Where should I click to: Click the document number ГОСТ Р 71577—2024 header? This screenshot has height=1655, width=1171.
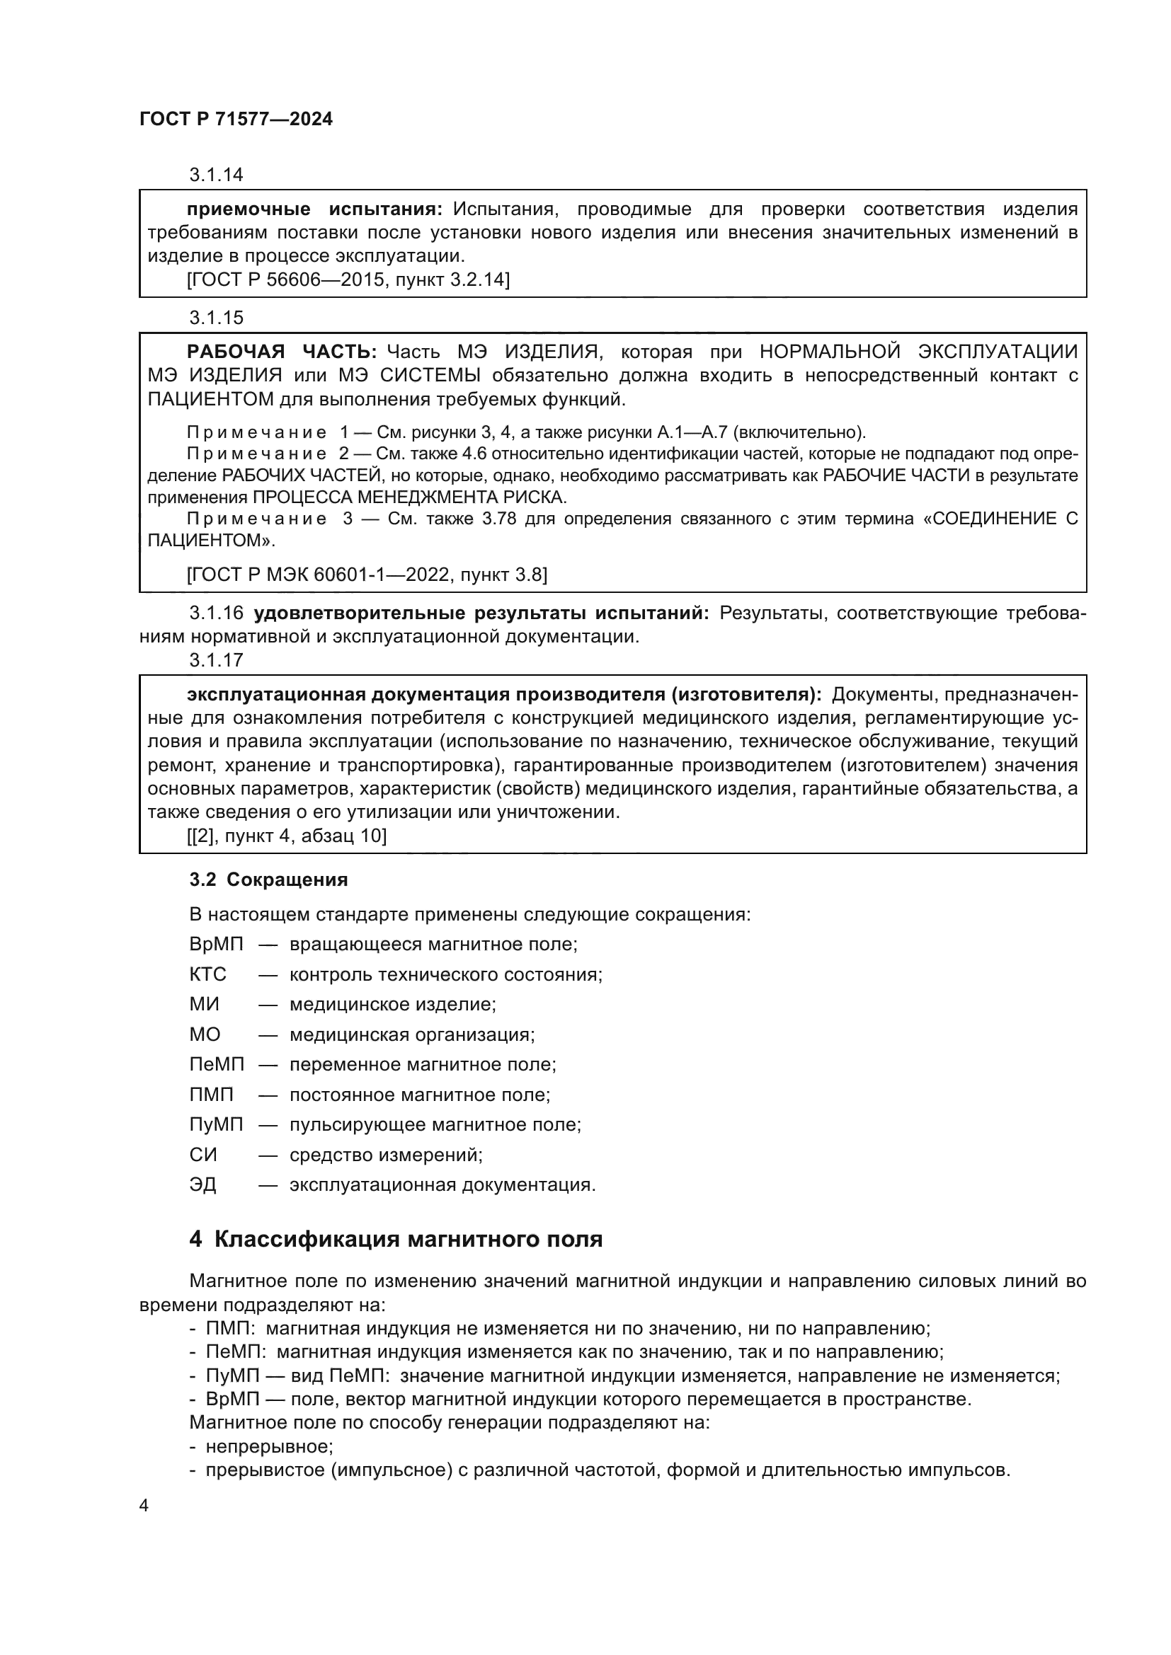coord(236,120)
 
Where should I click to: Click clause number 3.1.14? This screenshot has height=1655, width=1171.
coord(217,175)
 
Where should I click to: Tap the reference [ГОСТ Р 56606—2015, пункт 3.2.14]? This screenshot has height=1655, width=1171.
coord(348,279)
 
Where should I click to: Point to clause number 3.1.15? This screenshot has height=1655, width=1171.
coord(217,317)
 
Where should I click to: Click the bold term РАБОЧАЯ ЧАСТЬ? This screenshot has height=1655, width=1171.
coord(281,352)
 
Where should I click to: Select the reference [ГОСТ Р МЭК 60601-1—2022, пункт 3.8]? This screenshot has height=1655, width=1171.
coord(366,575)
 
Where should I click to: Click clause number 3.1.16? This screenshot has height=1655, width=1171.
coord(217,613)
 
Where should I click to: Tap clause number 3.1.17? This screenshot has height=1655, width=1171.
coord(217,659)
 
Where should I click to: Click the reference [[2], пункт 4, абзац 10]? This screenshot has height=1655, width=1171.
coord(286,836)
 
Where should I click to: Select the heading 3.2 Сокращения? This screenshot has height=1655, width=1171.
coord(268,880)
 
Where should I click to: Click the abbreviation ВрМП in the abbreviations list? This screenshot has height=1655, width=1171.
coord(217,945)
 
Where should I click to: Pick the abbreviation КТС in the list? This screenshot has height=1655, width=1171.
coord(207,974)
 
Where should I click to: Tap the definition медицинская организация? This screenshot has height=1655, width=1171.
coord(412,1035)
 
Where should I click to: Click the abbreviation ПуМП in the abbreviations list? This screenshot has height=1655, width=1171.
coord(217,1124)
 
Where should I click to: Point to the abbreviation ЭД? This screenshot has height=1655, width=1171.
coord(202,1185)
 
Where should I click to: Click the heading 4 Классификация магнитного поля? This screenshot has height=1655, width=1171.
coord(396,1239)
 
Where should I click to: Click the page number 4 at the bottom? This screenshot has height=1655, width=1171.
coord(144,1506)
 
